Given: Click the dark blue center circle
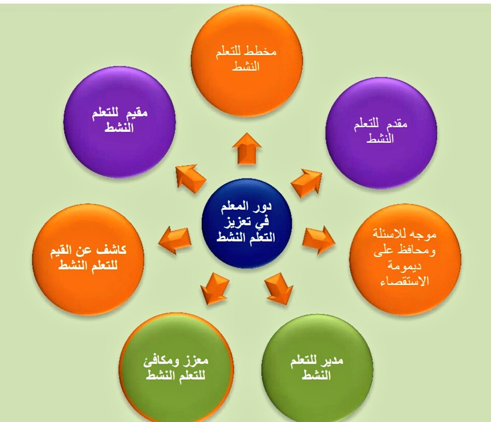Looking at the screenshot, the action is click(x=247, y=223).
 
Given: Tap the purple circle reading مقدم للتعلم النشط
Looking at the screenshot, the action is click(x=381, y=132).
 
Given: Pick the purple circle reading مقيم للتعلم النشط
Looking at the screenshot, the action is click(x=120, y=122).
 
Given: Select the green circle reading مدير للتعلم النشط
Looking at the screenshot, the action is click(x=317, y=369).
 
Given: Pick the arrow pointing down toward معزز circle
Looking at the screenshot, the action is click(x=214, y=290).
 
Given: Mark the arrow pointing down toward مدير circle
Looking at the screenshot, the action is click(x=279, y=290).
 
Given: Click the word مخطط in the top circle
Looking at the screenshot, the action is click(x=262, y=53).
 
